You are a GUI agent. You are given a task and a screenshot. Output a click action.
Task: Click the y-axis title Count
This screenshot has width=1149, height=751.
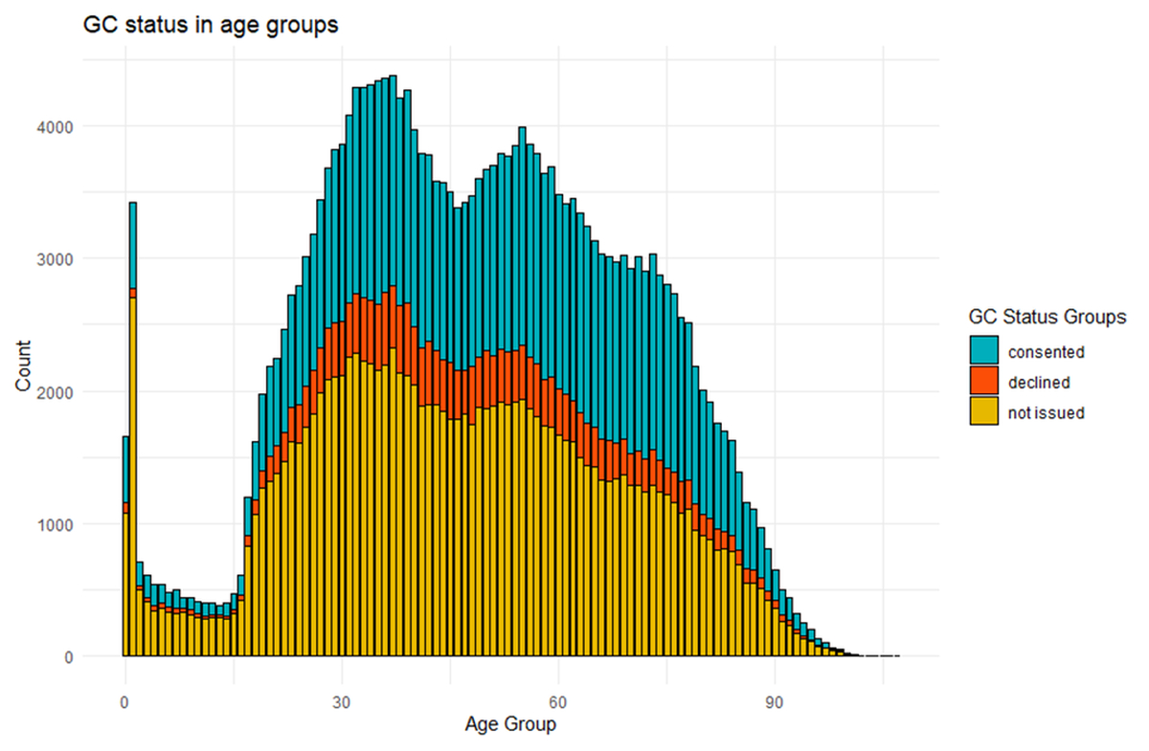pyautogui.click(x=22, y=365)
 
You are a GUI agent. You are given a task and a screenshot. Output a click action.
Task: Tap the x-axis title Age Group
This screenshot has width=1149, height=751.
pyautogui.click(x=510, y=724)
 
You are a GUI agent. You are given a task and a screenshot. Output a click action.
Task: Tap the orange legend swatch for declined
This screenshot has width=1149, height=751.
pyautogui.click(x=983, y=382)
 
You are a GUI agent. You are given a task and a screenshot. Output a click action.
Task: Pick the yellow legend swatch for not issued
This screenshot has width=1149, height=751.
pyautogui.click(x=983, y=412)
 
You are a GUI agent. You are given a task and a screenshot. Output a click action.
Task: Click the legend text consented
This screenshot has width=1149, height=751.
pyautogui.click(x=1046, y=352)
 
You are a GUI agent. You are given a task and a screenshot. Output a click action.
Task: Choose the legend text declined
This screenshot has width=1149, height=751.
pyautogui.click(x=1039, y=383)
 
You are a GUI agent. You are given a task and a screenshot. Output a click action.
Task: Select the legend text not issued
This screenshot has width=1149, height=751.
pyautogui.click(x=1046, y=413)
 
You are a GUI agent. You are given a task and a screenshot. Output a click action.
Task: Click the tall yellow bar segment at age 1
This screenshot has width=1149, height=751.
pyautogui.click(x=132, y=478)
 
